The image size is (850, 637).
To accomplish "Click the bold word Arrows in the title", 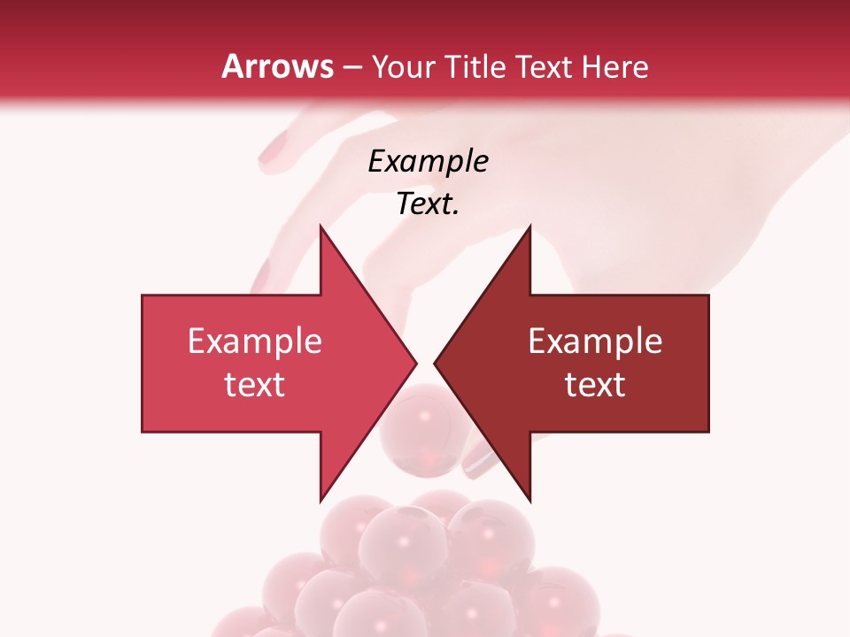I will [278, 66].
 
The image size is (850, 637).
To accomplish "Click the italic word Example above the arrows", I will [428, 161].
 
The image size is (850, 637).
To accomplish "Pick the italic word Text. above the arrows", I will [428, 204].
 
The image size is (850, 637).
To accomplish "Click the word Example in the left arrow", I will [254, 341].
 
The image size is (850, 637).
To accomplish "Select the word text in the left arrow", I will [254, 384].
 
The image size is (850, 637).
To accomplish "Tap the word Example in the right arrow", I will [595, 341].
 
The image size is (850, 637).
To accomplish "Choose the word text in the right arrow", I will [595, 384].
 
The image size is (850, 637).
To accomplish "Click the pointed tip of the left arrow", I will [416, 363].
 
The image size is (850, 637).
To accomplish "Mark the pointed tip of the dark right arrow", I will [435, 363].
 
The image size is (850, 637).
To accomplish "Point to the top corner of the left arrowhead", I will [321, 226].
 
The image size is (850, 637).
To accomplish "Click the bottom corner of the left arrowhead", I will [321, 501].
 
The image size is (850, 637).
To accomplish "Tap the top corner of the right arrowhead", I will [529, 226].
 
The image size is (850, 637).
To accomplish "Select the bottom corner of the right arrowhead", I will [529, 501].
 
